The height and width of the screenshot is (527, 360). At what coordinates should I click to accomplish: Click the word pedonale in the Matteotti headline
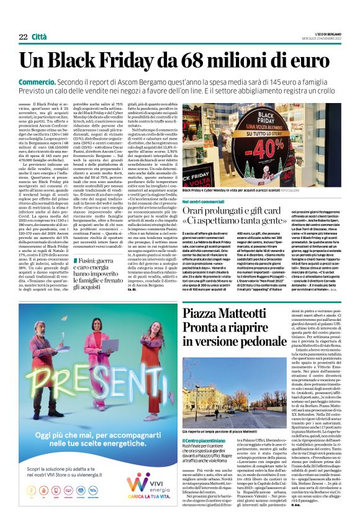(268, 342)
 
